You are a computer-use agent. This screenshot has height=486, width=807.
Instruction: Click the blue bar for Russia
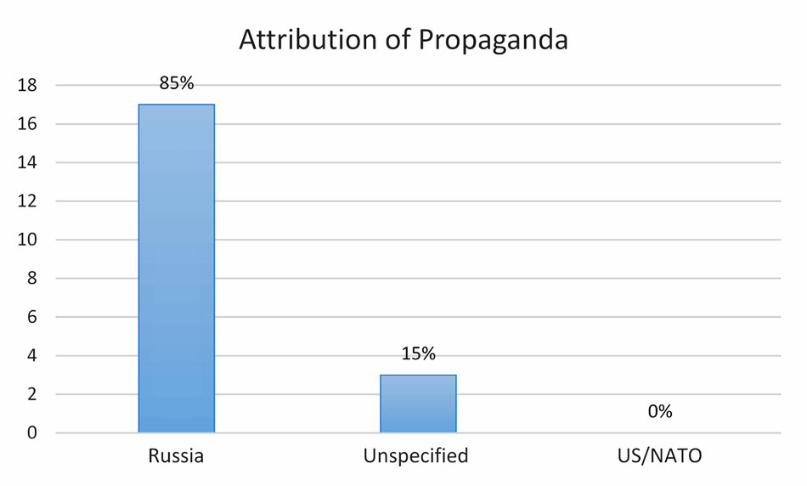pyautogui.click(x=177, y=268)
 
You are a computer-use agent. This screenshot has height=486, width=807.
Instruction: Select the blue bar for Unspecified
pyautogui.click(x=419, y=404)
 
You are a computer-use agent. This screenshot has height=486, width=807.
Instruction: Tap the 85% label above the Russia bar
pyautogui.click(x=177, y=83)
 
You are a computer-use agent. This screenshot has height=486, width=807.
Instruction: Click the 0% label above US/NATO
pyautogui.click(x=659, y=412)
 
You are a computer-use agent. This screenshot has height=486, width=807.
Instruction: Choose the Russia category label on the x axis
pyautogui.click(x=176, y=455)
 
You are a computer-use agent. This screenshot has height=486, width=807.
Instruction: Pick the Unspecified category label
pyautogui.click(x=415, y=455)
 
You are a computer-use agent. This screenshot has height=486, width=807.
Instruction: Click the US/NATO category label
pyautogui.click(x=661, y=455)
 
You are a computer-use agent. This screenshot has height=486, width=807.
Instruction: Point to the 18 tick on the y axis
pyautogui.click(x=26, y=86)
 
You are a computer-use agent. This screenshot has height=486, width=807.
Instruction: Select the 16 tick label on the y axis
pyautogui.click(x=26, y=124)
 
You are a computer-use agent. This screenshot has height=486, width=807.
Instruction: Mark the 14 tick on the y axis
pyautogui.click(x=26, y=163)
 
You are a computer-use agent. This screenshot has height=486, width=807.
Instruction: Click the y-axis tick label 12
pyautogui.click(x=26, y=201)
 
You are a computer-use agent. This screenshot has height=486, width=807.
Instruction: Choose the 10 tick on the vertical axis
pyautogui.click(x=26, y=240)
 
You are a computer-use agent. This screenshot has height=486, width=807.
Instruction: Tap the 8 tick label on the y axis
pyautogui.click(x=31, y=279)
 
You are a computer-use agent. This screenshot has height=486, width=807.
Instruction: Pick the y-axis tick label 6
pyautogui.click(x=31, y=318)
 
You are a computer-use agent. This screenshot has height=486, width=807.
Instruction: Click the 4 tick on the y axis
pyautogui.click(x=31, y=356)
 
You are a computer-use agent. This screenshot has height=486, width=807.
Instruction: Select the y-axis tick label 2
pyautogui.click(x=31, y=395)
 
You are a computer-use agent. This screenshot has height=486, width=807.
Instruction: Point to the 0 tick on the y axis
pyautogui.click(x=31, y=433)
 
